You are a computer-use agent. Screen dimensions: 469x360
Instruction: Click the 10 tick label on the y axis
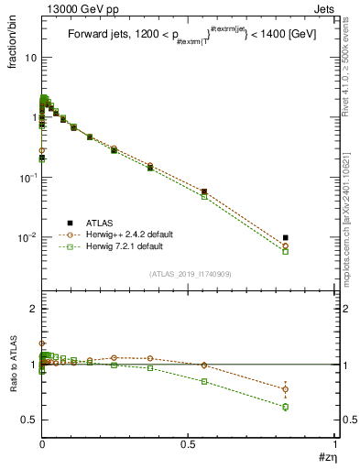(30, 58)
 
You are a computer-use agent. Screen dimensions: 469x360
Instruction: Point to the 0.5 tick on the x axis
(190, 444)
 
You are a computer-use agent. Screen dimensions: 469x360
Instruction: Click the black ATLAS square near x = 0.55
(203, 191)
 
